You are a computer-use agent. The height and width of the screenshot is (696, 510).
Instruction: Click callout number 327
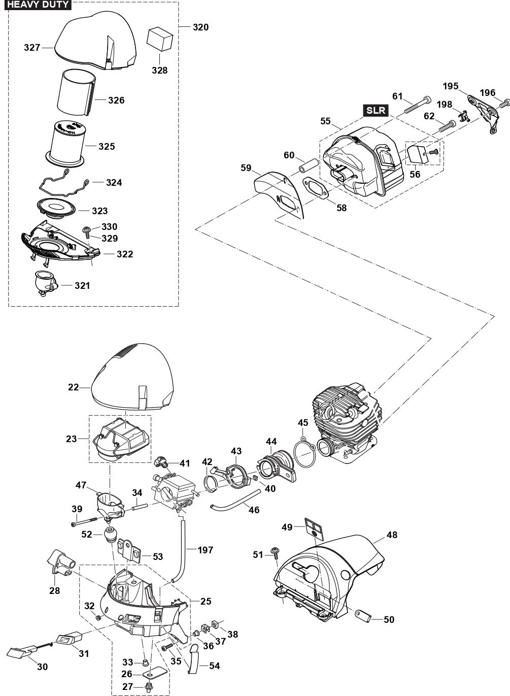32,48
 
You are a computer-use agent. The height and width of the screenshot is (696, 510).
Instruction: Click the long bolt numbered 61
417,105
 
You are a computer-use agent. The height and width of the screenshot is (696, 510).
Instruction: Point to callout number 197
206,550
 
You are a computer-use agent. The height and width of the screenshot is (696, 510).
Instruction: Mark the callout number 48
392,535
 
